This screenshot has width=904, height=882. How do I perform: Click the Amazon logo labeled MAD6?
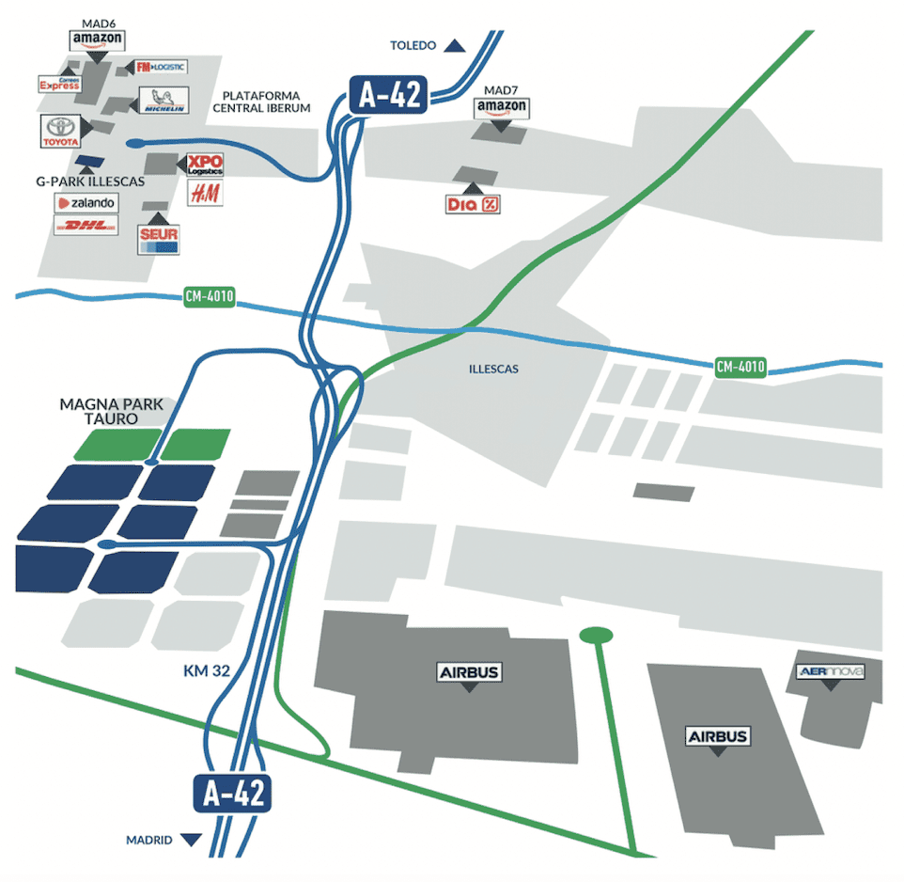pos(97,39)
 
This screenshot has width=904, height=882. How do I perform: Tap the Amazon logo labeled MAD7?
pos(502,107)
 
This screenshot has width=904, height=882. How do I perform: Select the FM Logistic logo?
pos(161,67)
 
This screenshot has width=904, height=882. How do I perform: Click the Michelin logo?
pos(163,101)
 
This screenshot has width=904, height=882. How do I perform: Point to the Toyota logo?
pos(61,132)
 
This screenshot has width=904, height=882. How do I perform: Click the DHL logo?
pos(86,226)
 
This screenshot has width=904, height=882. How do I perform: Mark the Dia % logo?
pos(474,204)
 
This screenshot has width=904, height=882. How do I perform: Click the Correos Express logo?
pos(58,85)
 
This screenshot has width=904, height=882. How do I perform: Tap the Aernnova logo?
pos(829,671)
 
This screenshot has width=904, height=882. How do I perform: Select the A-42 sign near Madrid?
pos(233,794)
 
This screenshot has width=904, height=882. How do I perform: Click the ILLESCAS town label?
pos(493,370)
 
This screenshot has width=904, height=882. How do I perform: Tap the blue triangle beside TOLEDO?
pos(456,45)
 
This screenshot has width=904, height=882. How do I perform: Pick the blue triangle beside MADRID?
pos(192,840)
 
